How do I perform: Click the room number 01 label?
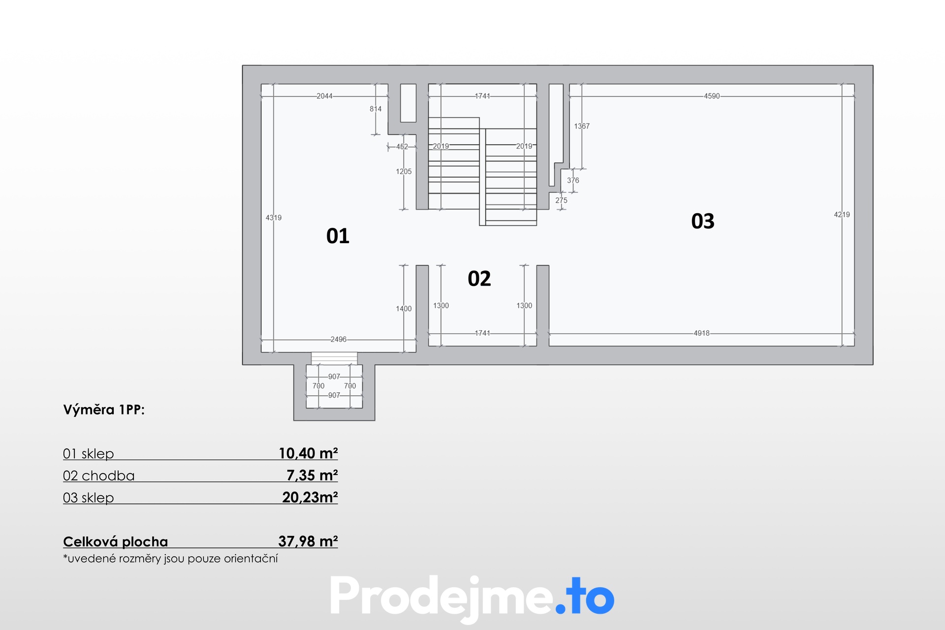coord(338,236)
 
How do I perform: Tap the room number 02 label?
coord(479,279)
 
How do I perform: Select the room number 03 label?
coord(703,221)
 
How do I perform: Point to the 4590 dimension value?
coord(712,96)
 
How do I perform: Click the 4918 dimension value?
coord(702,333)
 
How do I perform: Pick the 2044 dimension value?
coord(324,96)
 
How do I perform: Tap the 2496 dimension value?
coord(339,339)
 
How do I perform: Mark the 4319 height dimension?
coord(274,218)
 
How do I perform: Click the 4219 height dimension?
coord(842,215)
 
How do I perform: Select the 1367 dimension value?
coord(582,126)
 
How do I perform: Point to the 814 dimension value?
coord(376,109)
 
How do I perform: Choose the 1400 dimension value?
coord(404,309)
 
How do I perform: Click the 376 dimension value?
coord(573,180)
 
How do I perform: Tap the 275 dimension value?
coord(561,200)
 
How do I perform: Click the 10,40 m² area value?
coord(308,453)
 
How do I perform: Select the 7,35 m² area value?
coord(312,475)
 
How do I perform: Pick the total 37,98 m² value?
coord(308,541)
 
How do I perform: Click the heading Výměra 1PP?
coord(104,409)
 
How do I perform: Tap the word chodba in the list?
coord(108,475)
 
